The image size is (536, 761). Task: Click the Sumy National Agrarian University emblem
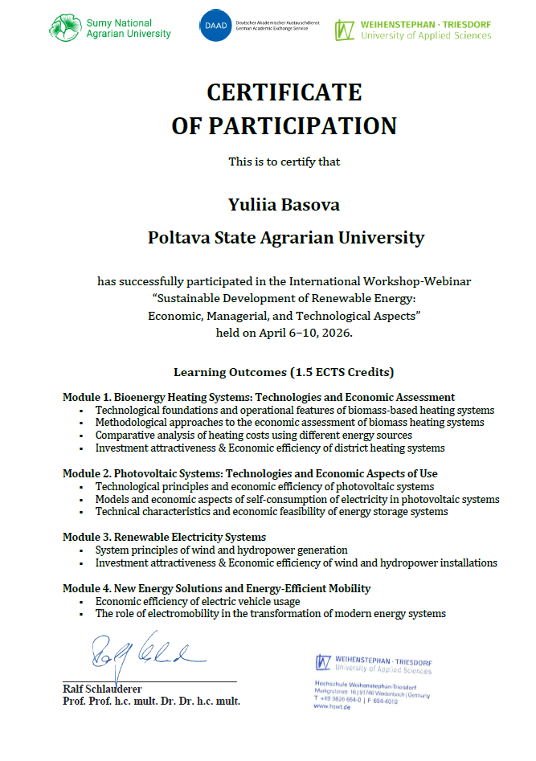[65, 27]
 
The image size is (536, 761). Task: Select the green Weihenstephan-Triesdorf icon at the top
[345, 30]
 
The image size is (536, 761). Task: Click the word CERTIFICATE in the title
[284, 92]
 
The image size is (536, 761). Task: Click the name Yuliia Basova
[284, 205]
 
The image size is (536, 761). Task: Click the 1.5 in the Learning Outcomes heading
[307, 372]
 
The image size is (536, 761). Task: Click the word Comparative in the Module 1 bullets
[126, 435]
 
